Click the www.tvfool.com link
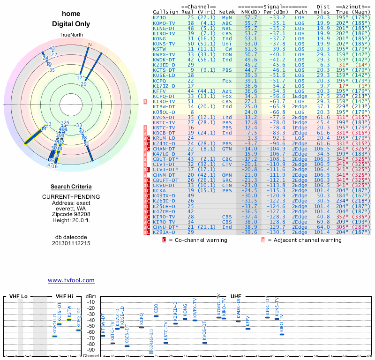[71, 280]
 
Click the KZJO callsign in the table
[159, 17]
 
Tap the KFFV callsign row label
[159, 91]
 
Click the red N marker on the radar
[90, 45]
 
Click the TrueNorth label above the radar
[71, 36]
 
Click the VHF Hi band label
[65, 297]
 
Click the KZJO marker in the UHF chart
[156, 316]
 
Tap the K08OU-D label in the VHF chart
[55, 323]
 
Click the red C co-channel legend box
[164, 240]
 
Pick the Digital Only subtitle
[71, 24]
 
